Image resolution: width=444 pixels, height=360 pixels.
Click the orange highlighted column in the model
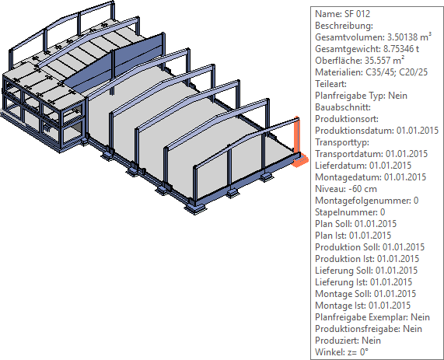(x=297, y=142)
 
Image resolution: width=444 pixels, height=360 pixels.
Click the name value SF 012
(x=357, y=14)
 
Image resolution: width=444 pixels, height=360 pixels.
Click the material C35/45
(x=380, y=72)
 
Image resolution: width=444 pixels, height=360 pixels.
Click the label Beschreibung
(x=344, y=26)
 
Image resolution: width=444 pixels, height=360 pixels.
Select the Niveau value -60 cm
(x=364, y=189)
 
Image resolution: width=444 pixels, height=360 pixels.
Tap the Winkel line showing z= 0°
(x=342, y=352)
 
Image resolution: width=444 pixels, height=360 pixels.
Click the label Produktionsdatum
(x=355, y=131)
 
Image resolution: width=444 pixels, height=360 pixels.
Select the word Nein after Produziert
(x=371, y=341)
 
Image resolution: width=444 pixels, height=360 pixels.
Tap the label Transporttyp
(x=342, y=142)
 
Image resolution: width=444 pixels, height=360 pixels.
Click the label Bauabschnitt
(x=343, y=107)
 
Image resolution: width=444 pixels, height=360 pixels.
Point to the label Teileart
(x=330, y=84)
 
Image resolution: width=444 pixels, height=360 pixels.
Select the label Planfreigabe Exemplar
(x=362, y=317)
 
